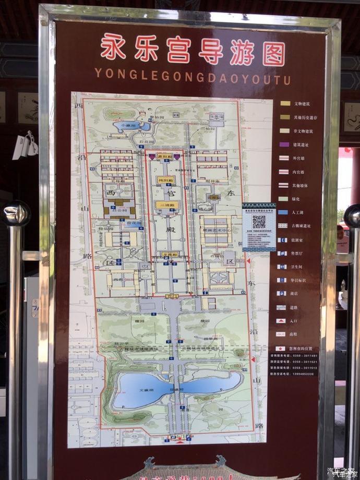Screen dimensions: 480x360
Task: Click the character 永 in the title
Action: pyautogui.click(x=113, y=49)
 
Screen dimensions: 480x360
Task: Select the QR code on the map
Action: pyautogui.click(x=259, y=221)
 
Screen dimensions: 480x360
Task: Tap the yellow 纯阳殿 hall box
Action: pyautogui.click(x=166, y=180)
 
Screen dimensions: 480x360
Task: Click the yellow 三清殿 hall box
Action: pyautogui.click(x=167, y=205)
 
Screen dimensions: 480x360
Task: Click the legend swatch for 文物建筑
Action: pyautogui.click(x=285, y=103)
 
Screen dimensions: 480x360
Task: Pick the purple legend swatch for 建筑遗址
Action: pyautogui.click(x=285, y=144)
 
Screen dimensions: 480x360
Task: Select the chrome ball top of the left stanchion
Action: pyautogui.click(x=16, y=213)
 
